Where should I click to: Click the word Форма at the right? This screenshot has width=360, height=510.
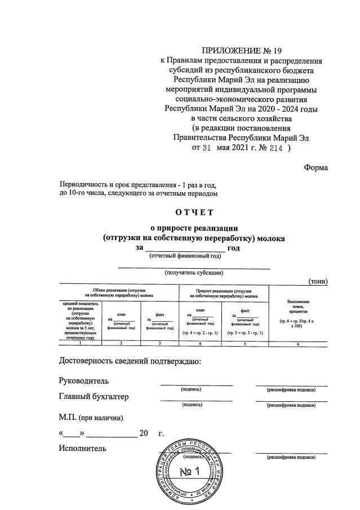315,167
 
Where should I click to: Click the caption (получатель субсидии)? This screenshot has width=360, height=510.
194,273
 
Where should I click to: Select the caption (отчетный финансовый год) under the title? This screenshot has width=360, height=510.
184,256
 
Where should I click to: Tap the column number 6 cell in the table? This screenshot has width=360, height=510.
299,342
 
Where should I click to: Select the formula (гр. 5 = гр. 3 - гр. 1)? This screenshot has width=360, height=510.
246,333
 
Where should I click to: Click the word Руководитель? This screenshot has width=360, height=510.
84,381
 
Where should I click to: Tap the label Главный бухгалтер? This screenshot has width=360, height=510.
94,397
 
